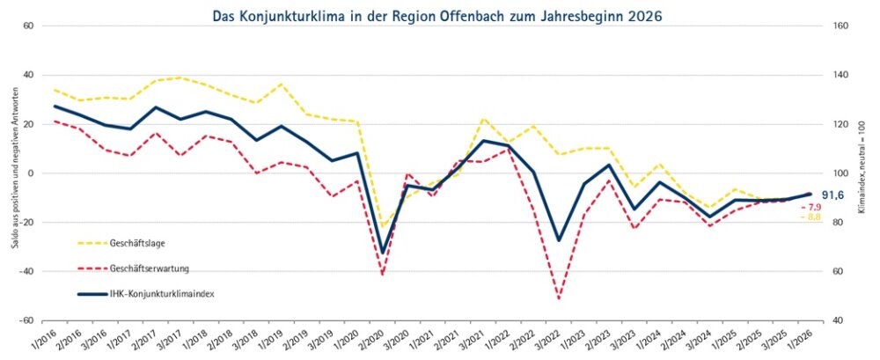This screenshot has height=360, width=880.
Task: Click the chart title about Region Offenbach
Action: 438,15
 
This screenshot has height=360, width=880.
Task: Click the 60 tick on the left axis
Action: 28,26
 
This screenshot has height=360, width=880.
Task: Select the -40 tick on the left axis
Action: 26,271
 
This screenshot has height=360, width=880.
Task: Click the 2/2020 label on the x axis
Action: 369,337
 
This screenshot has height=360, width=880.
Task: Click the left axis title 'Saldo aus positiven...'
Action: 14,173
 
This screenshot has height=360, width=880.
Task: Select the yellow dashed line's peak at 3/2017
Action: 180,77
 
